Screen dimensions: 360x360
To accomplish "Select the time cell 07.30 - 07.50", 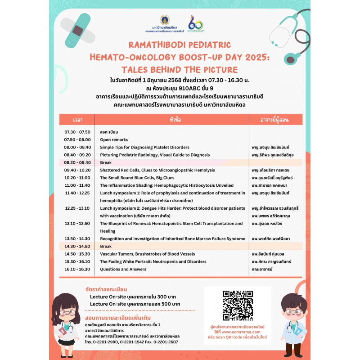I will point(77,132).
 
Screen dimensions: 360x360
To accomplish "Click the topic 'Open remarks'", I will point(114,139).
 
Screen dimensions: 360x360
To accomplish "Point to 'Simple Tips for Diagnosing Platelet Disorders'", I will point(144,147).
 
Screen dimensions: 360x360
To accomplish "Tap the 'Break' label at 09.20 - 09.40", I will point(106,162).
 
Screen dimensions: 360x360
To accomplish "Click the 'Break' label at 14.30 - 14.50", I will point(106,247).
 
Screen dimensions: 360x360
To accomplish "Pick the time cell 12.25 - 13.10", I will point(77,208).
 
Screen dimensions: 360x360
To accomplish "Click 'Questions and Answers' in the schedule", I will point(123,269).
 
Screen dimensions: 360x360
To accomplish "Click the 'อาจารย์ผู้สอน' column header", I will point(275,120).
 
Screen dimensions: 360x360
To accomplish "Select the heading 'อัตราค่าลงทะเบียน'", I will point(106,288).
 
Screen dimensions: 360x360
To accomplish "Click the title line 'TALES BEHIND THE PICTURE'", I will point(180,69).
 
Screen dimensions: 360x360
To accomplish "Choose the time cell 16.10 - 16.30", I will point(77,269).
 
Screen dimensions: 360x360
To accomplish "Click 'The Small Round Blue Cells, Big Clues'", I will point(137,178).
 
